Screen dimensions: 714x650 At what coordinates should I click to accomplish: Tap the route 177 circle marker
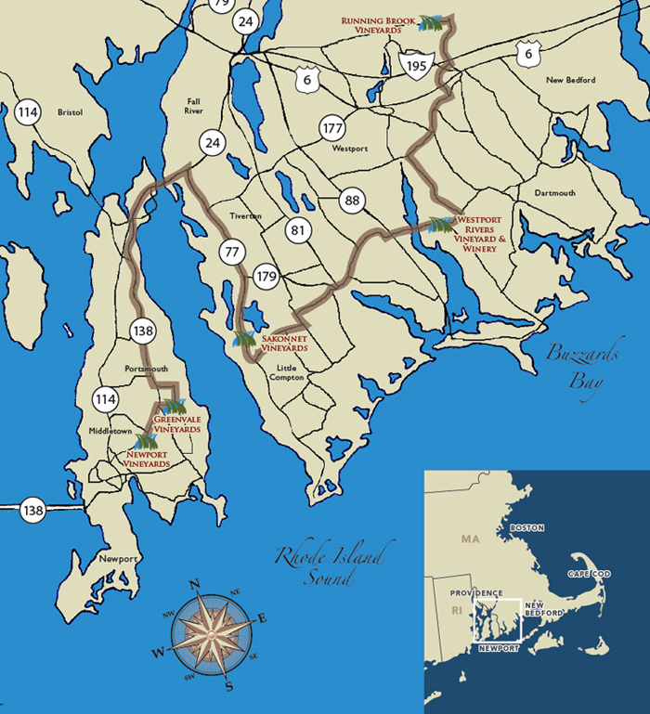click(331, 127)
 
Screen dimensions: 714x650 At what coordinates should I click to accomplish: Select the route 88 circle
click(351, 200)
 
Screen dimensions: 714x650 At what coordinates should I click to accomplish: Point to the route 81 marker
click(297, 230)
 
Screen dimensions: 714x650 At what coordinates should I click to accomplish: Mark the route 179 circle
click(266, 276)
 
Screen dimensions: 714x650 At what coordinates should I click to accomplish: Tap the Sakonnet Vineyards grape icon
click(244, 340)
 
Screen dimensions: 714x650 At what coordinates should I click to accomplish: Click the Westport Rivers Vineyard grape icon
click(441, 224)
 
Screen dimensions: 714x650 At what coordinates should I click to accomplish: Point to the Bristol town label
click(70, 112)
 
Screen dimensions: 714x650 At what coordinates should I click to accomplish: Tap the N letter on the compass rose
click(195, 584)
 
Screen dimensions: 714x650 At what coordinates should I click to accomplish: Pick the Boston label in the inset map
click(527, 527)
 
